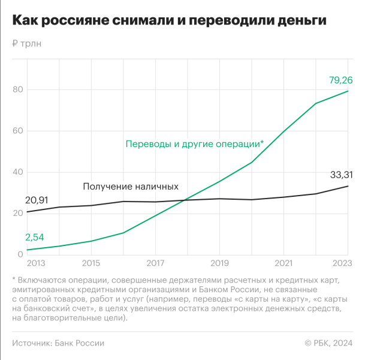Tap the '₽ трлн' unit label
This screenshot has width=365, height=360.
pos(27,44)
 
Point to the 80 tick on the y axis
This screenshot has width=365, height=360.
pos(17,90)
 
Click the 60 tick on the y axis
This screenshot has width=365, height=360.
pos(17,131)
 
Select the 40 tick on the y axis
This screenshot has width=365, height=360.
pos(17,172)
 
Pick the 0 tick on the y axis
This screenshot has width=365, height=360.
pos(20,254)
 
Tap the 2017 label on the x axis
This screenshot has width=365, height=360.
pos(155,263)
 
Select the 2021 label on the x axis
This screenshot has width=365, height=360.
pos(283,263)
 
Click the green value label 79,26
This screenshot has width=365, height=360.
pos(340,79)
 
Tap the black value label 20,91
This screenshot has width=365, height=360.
pos(37,200)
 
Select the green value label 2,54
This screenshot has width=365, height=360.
pos(34,238)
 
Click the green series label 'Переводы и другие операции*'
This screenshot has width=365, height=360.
pos(194,144)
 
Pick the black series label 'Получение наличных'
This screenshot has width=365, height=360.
pos(130,187)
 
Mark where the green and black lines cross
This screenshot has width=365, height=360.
pos(185,200)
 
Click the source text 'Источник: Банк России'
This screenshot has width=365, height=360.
pos(58,343)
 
